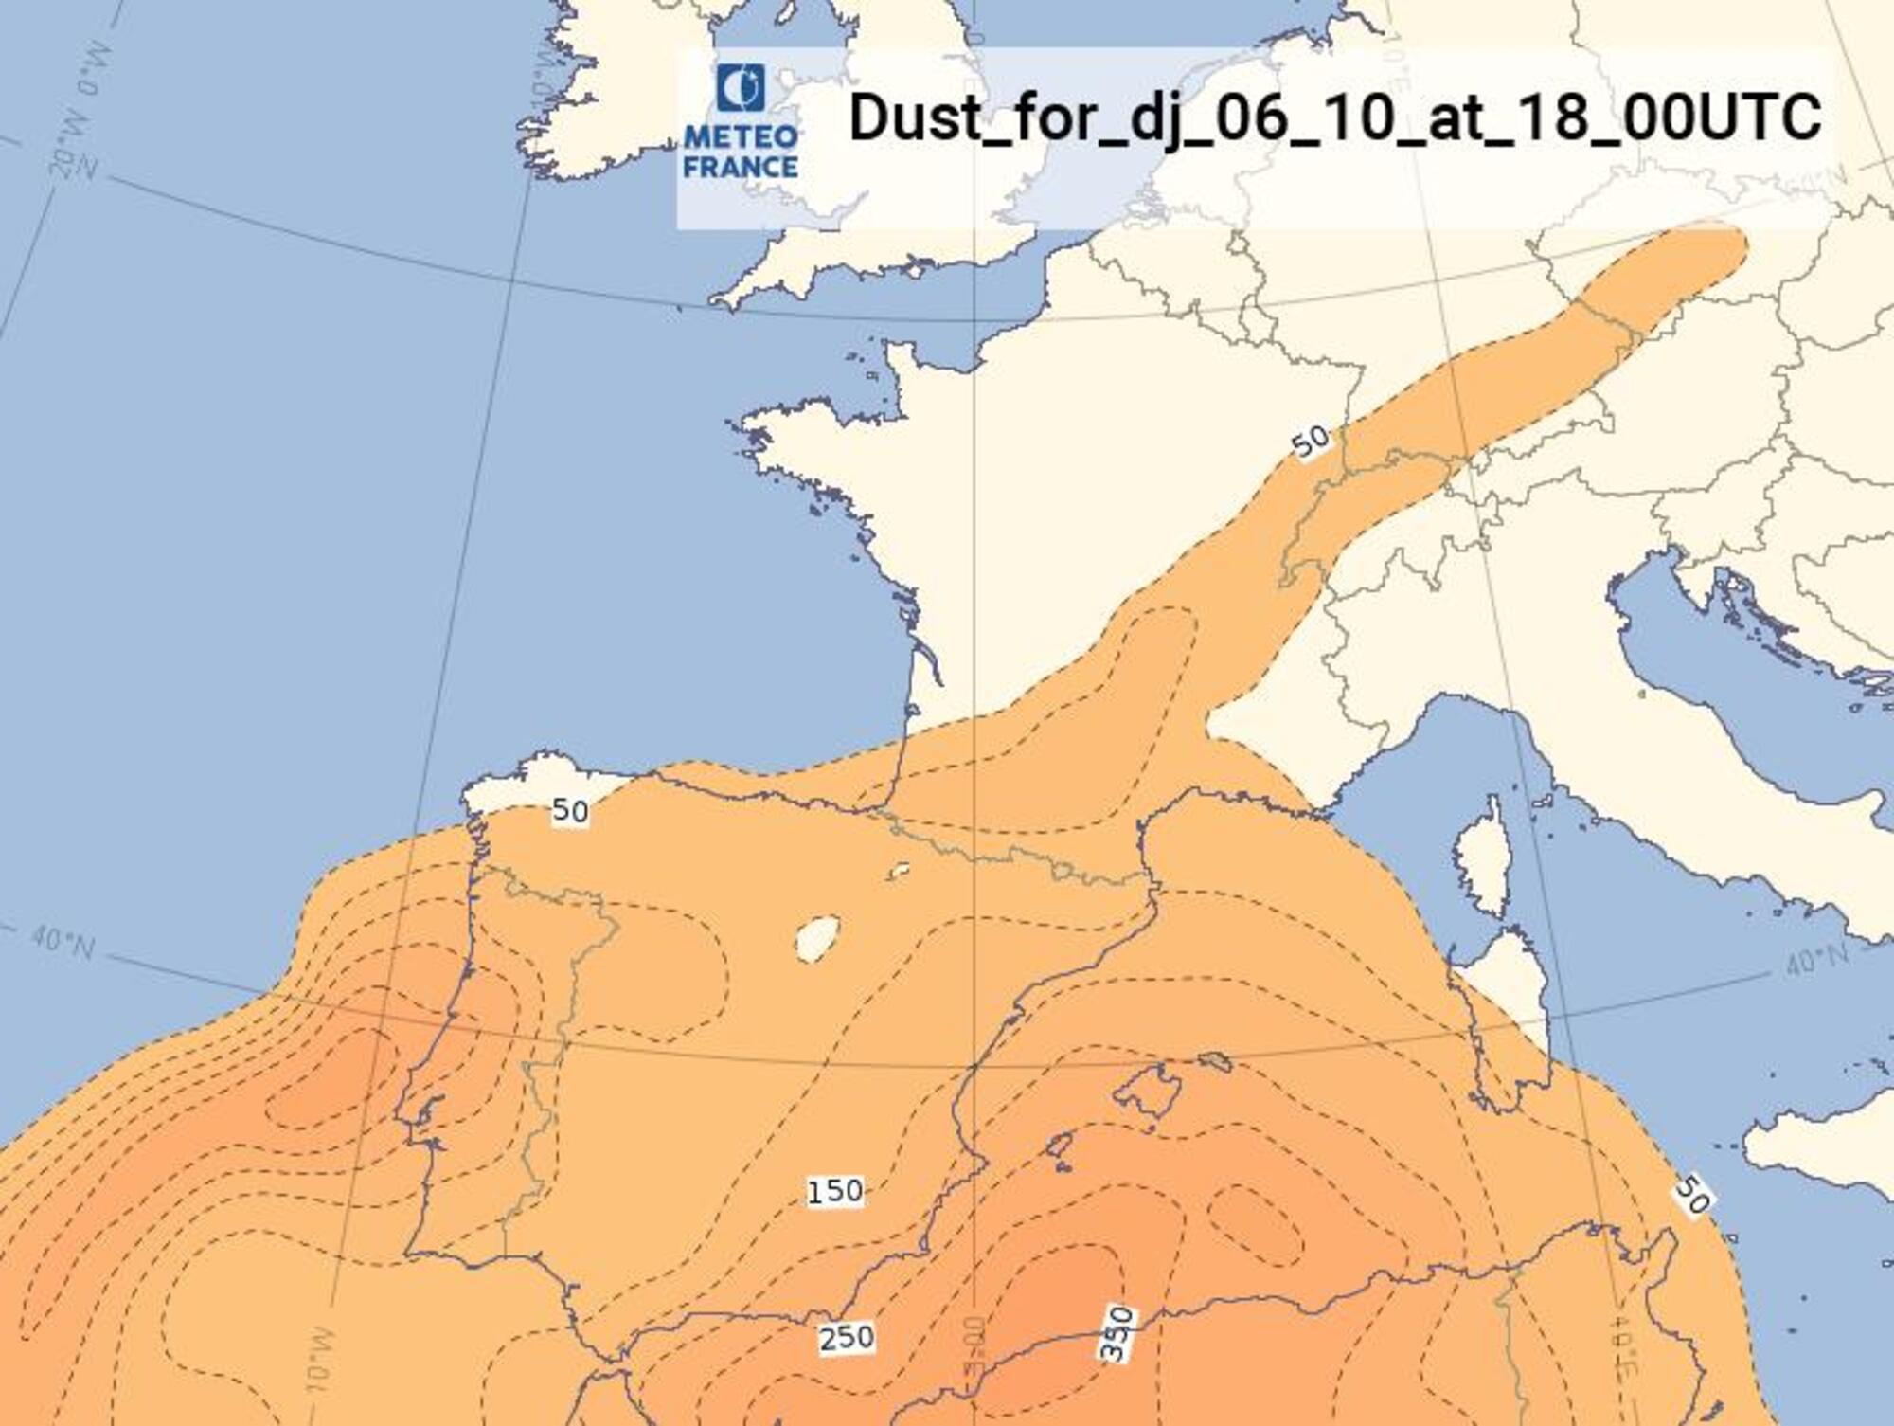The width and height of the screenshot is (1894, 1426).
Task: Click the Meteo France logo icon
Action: [x=741, y=87]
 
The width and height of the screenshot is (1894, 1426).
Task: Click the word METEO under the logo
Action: [x=741, y=136]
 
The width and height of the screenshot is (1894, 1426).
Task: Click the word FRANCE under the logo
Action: [x=741, y=168]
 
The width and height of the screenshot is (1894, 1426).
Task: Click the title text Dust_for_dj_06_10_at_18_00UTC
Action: [x=1333, y=118]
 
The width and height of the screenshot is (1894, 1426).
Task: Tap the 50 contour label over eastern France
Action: [x=1311, y=442]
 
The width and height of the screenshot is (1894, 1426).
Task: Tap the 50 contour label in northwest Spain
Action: [x=570, y=811]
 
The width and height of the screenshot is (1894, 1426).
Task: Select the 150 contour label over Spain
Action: [x=835, y=1191]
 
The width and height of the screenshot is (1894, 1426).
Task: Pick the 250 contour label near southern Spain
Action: [x=847, y=1338]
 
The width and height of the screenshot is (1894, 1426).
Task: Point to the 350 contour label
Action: [x=1117, y=1334]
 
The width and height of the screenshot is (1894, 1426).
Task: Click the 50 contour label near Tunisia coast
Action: [x=1692, y=1195]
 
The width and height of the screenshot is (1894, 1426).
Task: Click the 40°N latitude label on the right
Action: [x=1815, y=961]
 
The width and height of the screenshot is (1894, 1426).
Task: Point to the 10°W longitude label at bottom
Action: [x=320, y=1361]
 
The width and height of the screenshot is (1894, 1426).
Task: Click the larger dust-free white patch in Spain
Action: [x=818, y=938]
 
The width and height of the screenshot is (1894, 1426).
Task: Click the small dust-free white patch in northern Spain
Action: [x=898, y=870]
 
